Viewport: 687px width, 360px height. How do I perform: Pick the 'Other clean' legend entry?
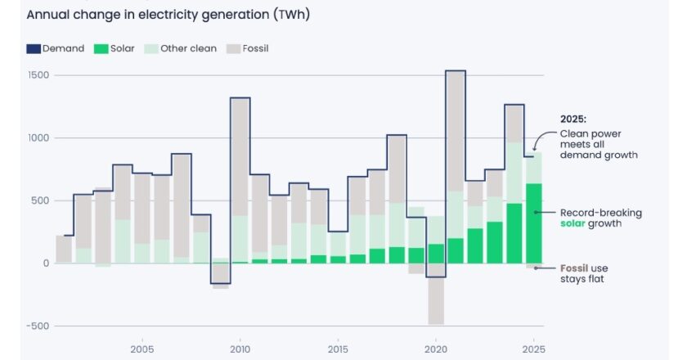pyautogui.click(x=181, y=48)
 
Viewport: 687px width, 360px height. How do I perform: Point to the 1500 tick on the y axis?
pyautogui.click(x=38, y=75)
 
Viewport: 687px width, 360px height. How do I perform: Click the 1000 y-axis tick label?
pyautogui.click(x=38, y=138)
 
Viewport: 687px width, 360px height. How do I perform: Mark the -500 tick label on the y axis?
pyautogui.click(x=36, y=326)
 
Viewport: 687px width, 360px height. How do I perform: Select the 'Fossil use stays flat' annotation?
pyautogui.click(x=584, y=274)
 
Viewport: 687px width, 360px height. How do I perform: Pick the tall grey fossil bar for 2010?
pyautogui.click(x=240, y=156)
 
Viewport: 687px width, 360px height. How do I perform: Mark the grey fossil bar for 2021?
pyautogui.click(x=456, y=131)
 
